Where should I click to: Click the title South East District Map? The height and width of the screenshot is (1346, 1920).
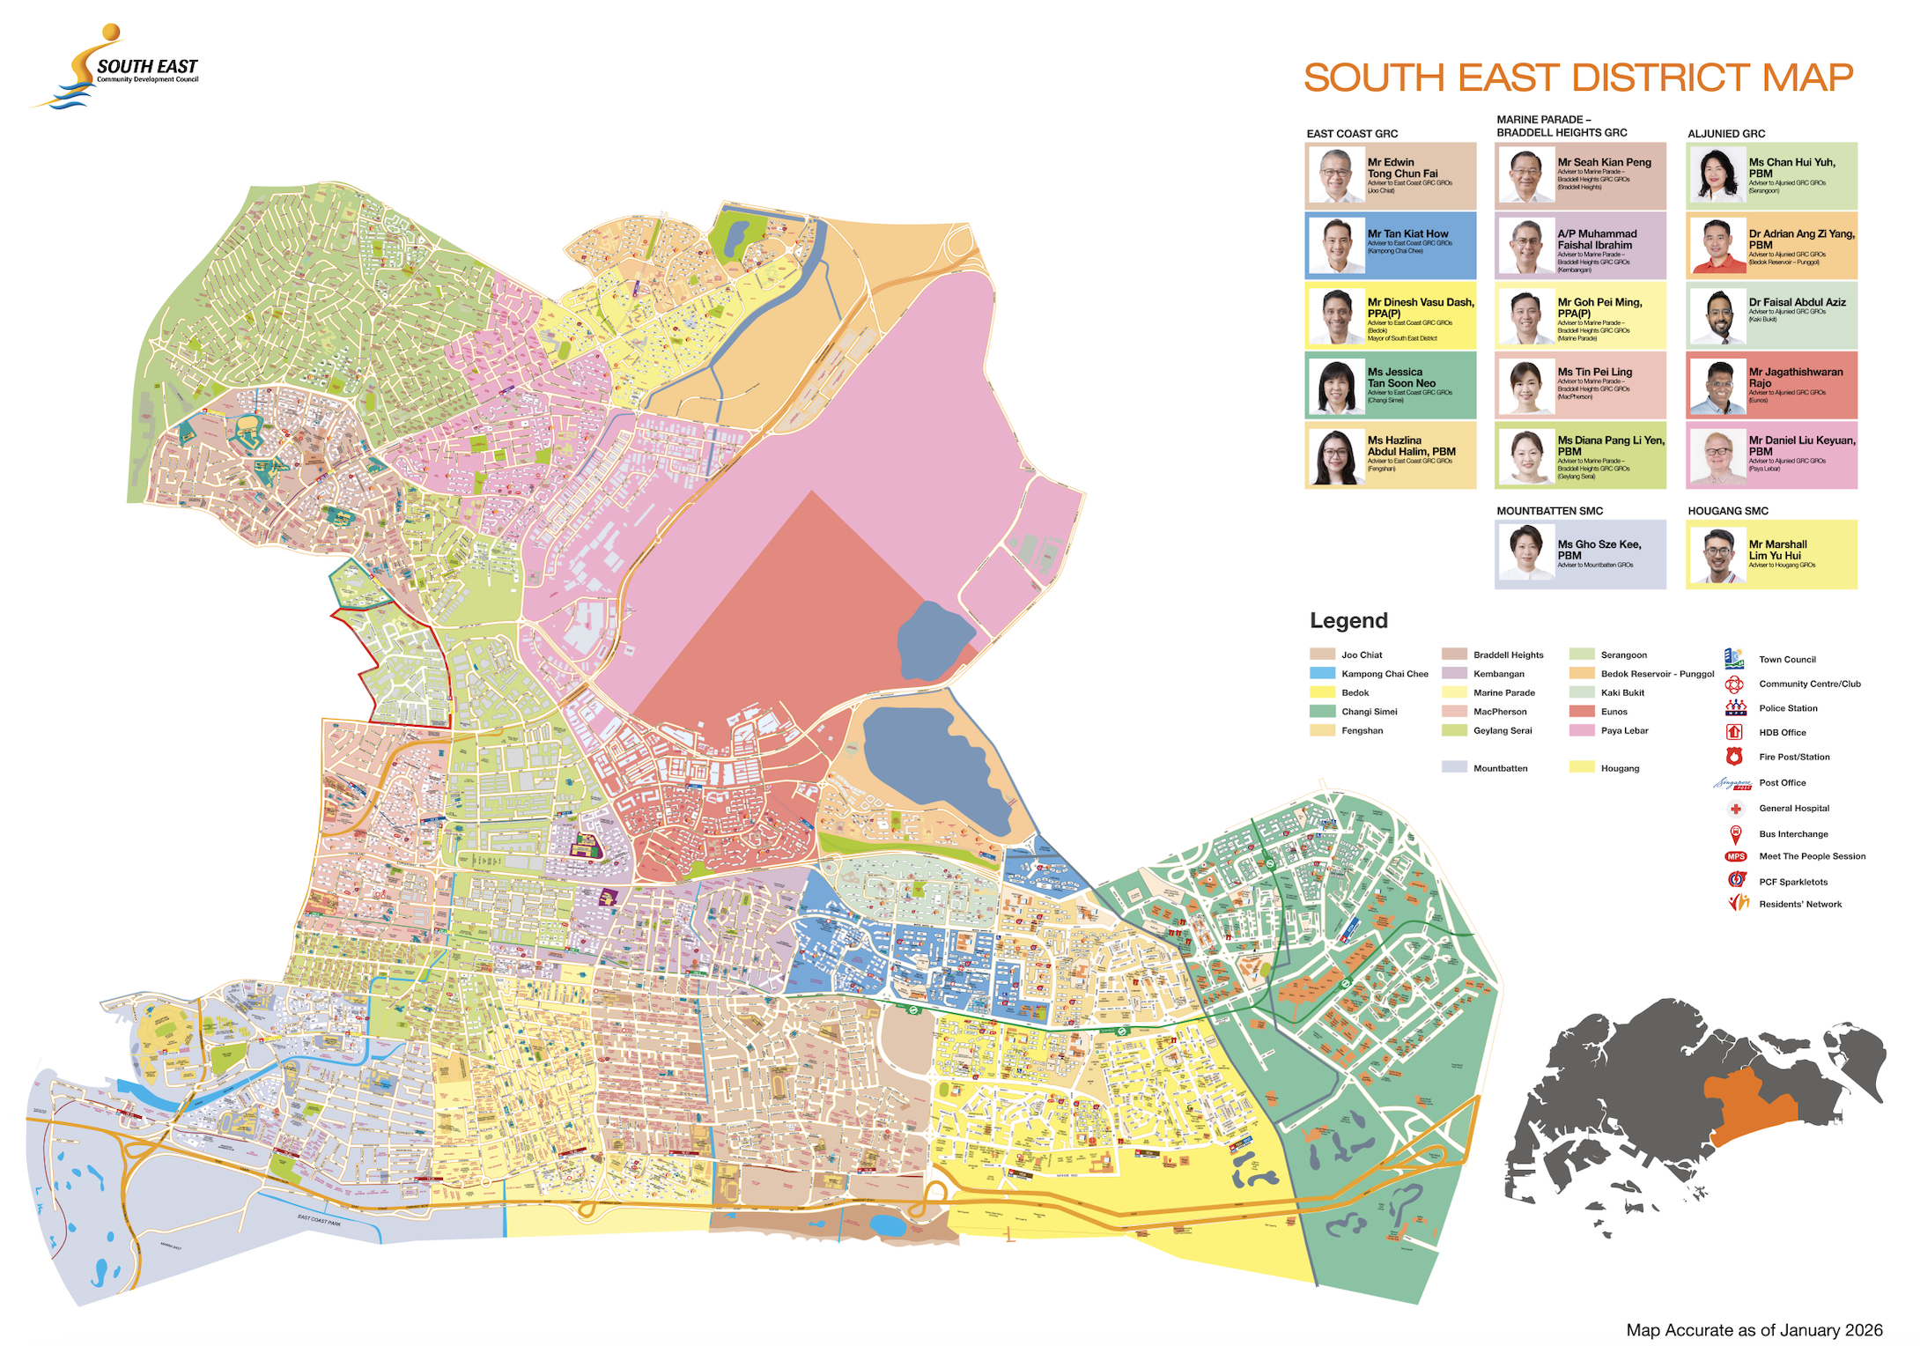1577,78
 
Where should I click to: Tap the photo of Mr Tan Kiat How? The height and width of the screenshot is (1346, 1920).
1336,246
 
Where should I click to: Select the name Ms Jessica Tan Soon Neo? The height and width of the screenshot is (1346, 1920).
1401,378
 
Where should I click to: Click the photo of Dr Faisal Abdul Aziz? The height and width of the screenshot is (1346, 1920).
1717,316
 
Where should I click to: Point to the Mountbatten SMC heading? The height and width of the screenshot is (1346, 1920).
1549,511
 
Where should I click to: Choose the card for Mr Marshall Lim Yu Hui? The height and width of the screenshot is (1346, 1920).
1771,554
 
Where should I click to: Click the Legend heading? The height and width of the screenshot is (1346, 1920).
1348,620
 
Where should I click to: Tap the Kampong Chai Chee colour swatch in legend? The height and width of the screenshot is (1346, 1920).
1322,674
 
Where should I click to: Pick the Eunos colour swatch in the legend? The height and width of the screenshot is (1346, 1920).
1582,712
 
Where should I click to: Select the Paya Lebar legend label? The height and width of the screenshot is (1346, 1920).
1624,730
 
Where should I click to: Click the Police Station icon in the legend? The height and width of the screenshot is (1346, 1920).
1735,707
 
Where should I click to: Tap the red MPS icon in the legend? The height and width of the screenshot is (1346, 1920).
1735,856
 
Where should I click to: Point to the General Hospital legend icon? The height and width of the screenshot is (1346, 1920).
1735,809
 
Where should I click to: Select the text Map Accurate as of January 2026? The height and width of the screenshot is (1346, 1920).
1754,1330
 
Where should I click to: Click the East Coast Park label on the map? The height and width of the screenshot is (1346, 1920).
319,1220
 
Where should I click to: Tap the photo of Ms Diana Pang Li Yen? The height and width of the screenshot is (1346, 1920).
1526,456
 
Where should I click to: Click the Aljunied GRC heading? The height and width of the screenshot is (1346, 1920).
1725,134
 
